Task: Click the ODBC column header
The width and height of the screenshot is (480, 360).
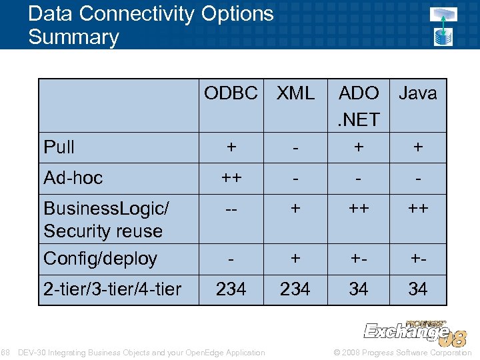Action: coord(231,93)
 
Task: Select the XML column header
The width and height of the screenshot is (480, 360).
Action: coord(295,93)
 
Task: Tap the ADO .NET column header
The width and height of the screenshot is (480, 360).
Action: coord(359,106)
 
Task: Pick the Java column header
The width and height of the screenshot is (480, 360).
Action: coord(418,93)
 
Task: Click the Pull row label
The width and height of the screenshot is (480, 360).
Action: coord(59,147)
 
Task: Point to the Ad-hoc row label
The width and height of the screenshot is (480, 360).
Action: coord(73,178)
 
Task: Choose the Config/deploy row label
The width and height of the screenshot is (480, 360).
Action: coord(100,259)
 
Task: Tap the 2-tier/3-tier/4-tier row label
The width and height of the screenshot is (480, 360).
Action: coord(112,289)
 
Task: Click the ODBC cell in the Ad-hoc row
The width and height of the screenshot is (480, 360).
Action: coord(231,178)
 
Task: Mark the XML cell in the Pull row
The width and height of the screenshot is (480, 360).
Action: coord(295,147)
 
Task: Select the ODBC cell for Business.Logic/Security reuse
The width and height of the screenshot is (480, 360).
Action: coord(231,209)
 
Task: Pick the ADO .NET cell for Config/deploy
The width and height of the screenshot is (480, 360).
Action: coord(359,259)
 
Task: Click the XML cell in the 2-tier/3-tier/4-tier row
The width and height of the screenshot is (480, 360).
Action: coord(295,289)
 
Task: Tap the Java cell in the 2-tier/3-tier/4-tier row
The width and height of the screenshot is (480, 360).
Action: coord(418,289)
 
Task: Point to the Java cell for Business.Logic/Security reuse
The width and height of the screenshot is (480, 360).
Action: coord(418,209)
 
